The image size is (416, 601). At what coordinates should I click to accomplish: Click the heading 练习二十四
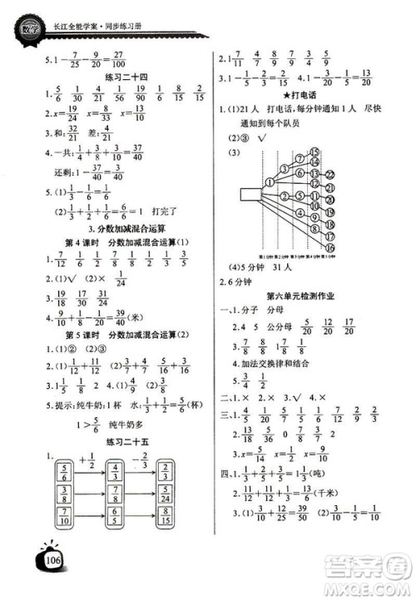pos(121,77)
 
